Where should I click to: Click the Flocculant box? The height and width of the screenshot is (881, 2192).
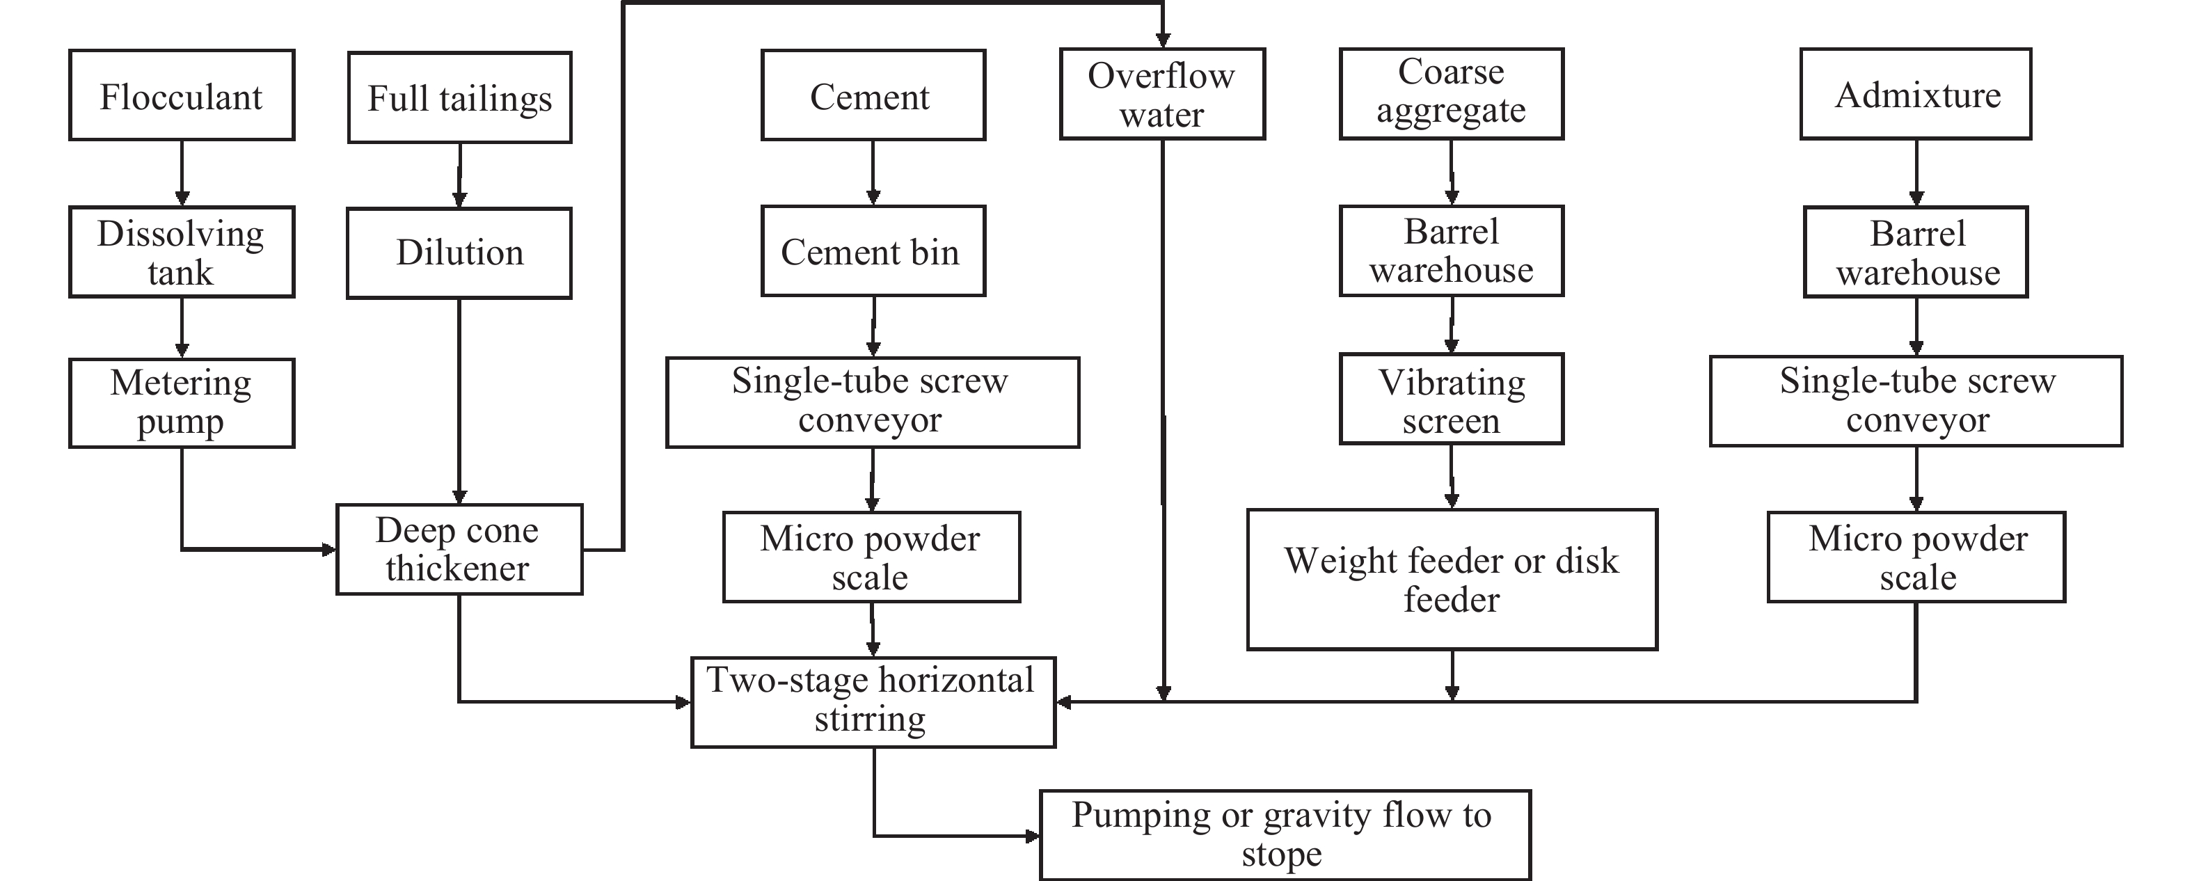tap(181, 95)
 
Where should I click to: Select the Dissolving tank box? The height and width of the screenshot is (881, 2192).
tap(181, 252)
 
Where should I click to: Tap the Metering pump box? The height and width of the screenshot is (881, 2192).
tap(181, 403)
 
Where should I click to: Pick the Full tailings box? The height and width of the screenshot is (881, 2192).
tap(459, 97)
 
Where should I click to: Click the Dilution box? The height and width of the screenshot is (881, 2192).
tap(459, 253)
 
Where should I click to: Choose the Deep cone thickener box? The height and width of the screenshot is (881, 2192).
tap(459, 549)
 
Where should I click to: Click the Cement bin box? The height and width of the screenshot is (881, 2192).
tap(873, 251)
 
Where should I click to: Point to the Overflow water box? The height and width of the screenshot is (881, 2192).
tap(1162, 94)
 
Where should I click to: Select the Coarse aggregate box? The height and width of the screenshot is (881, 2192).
tap(1452, 94)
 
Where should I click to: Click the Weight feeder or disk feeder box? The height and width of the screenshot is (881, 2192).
tap(1452, 580)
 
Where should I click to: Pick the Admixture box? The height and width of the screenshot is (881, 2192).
tap(1916, 94)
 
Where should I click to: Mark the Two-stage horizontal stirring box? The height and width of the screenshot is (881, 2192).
tap(873, 702)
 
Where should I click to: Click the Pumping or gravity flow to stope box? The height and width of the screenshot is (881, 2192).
tap(1285, 835)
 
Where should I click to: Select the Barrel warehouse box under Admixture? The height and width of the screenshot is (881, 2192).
tap(1916, 252)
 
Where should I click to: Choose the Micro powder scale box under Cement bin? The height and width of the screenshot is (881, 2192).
tap(871, 557)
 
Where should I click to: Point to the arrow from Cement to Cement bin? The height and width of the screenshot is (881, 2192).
tap(873, 173)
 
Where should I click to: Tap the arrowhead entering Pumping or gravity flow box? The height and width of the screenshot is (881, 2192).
tap(1032, 836)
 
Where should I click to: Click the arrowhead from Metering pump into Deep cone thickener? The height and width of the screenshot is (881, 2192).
tap(328, 549)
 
